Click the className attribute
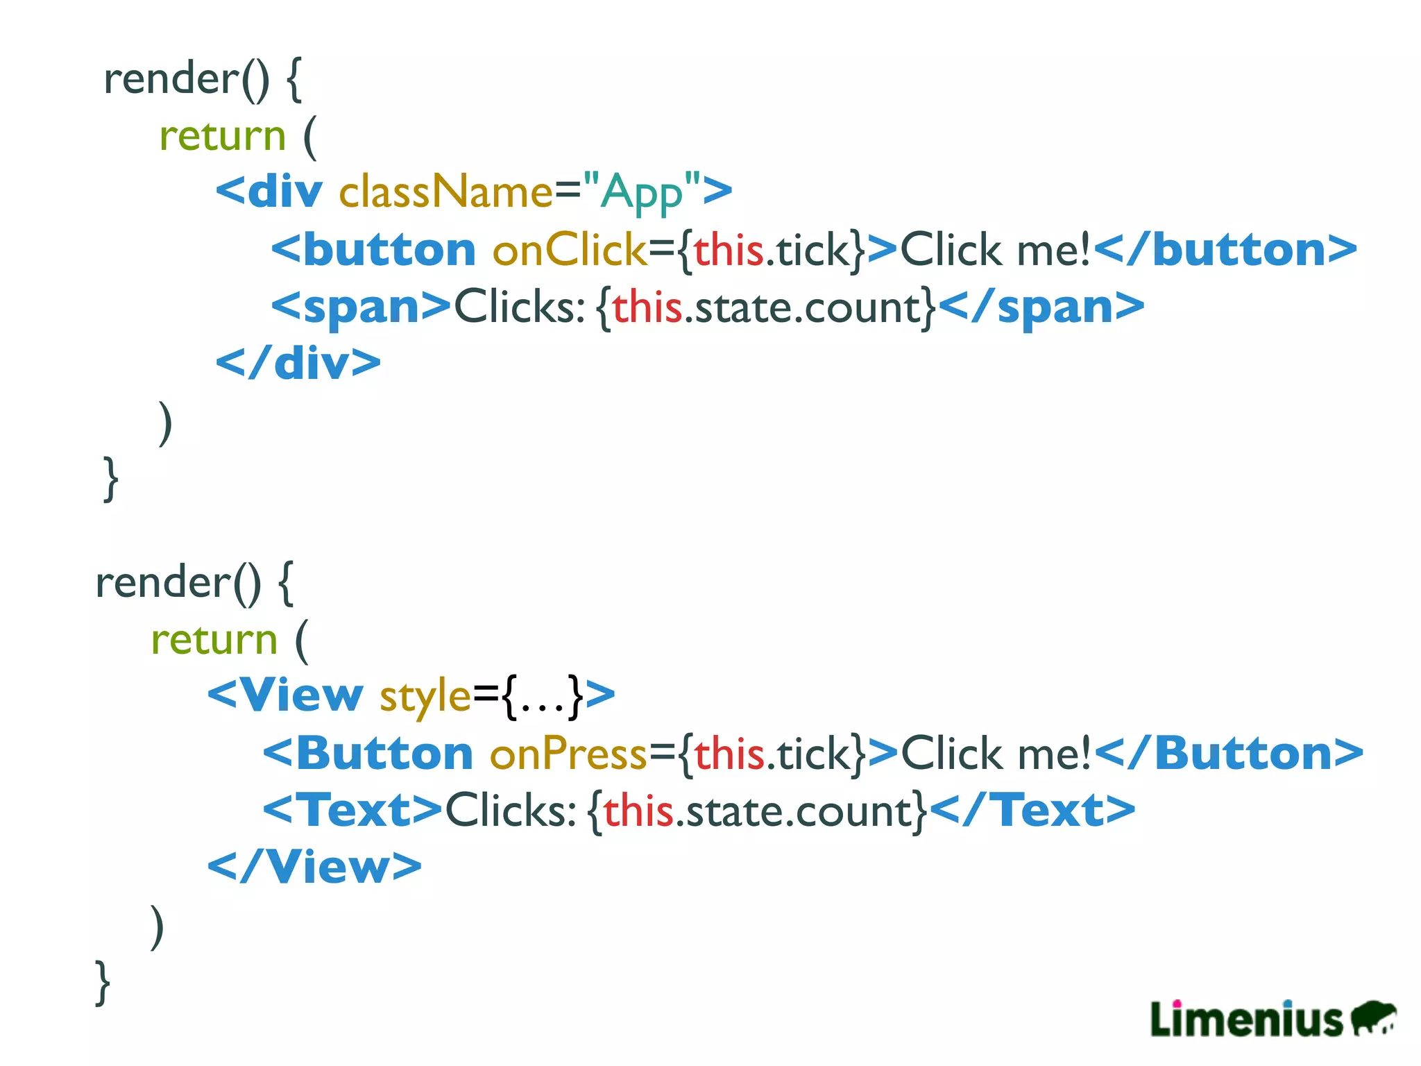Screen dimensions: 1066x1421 pos(445,192)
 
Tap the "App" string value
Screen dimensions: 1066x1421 pos(642,192)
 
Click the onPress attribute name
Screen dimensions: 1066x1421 pos(568,753)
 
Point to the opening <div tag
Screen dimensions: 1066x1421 pos(269,192)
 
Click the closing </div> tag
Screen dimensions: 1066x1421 pos(298,363)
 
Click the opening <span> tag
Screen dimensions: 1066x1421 pos(361,307)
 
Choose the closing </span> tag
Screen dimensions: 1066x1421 pos(1041,307)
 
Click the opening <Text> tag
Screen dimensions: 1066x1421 pos(352,810)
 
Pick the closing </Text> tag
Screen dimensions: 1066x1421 pos(1032,810)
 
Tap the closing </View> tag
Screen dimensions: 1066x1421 pos(314,867)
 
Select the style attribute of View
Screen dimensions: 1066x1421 pos(425,695)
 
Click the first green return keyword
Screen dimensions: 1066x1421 pos(222,135)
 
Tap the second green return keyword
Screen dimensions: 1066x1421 pos(214,639)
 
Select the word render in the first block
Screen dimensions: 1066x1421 pos(171,78)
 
